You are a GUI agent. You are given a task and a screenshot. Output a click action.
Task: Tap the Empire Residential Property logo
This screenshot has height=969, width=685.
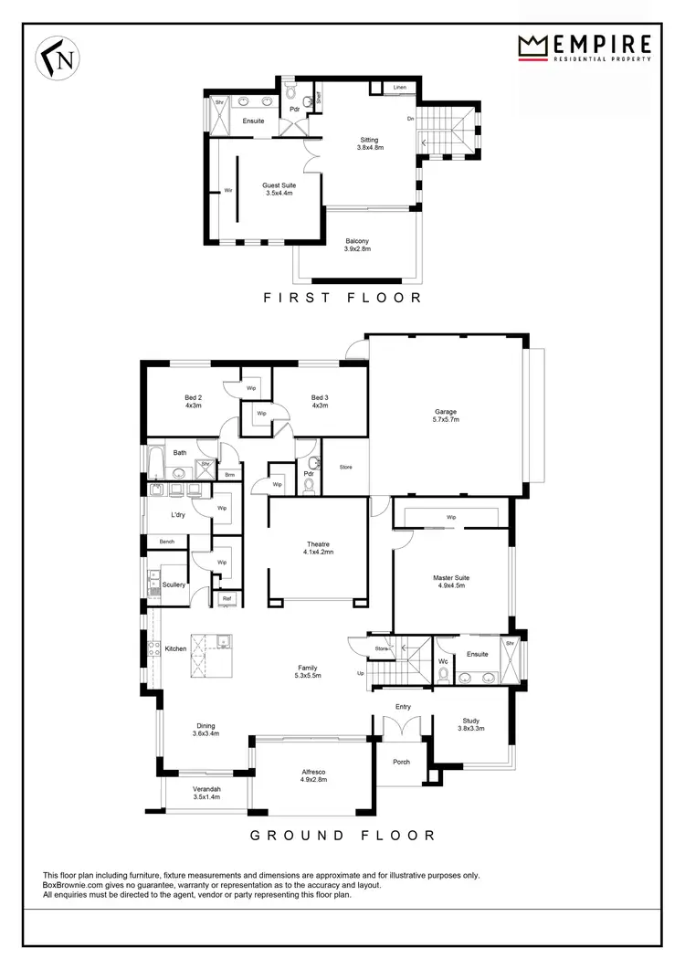click(585, 47)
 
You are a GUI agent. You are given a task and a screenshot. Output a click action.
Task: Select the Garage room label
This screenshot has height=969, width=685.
click(446, 416)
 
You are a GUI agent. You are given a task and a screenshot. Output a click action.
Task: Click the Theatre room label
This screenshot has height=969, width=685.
click(319, 547)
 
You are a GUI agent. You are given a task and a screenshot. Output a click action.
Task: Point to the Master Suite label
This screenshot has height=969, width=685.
click(450, 582)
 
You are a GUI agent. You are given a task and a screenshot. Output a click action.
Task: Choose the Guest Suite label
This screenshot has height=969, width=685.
click(279, 188)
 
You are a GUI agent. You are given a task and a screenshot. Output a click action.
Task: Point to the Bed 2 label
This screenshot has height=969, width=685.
click(193, 401)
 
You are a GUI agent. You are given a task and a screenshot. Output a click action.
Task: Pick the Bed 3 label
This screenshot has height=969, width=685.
click(319, 401)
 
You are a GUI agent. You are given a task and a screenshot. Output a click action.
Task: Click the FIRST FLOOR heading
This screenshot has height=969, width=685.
click(342, 297)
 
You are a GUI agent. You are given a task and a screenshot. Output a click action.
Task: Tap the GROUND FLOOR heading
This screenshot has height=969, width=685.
click(342, 835)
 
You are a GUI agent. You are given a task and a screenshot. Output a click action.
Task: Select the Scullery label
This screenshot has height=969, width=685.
click(174, 585)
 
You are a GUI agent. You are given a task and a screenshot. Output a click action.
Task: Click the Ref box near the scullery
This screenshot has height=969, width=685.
click(226, 599)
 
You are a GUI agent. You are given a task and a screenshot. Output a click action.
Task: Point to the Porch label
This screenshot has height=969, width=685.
click(401, 762)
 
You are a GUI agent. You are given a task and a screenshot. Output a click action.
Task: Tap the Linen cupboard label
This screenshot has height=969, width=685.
click(400, 87)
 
